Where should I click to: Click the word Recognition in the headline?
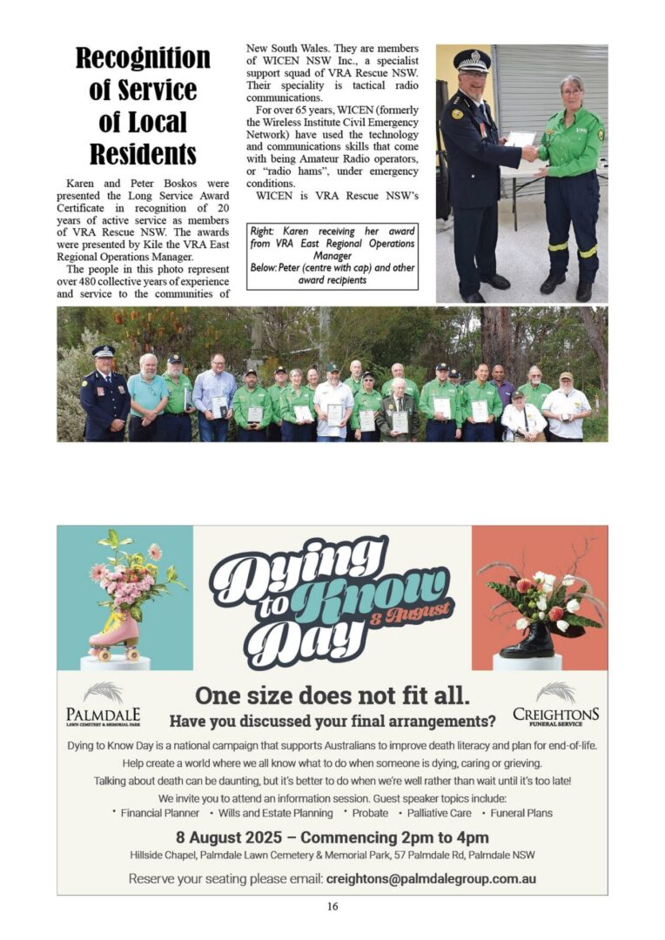coord(143,58)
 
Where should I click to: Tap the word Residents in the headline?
coord(143,154)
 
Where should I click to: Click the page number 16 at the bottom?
coord(332,907)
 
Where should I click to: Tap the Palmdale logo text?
coord(103,715)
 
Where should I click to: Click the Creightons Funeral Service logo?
coord(555,715)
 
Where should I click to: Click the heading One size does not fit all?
coord(332,695)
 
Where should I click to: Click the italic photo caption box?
coord(332,256)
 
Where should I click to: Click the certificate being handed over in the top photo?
coord(521,139)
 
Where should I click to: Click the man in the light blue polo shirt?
coord(146,396)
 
